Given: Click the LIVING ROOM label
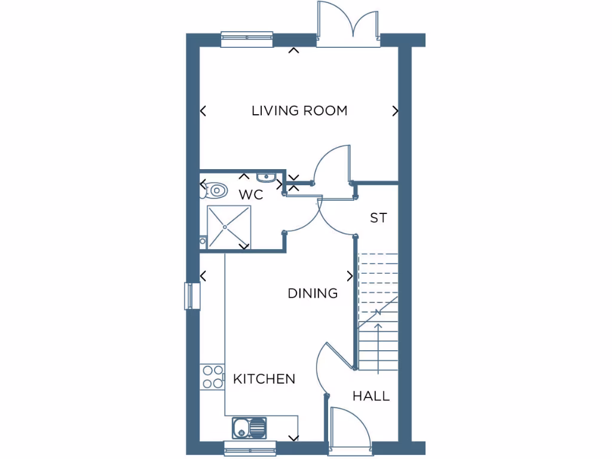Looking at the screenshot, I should click(299, 111).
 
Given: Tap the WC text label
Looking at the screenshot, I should click(251, 195).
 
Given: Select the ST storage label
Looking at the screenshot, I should click(378, 218).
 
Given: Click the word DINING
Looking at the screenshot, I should click(313, 293).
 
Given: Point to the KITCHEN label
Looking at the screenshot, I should click(264, 379).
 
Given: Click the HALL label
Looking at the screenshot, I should click(371, 396).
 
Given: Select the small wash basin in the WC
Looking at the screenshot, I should click(265, 178).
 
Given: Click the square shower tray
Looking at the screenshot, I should click(229, 227).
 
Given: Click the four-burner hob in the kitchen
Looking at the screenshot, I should click(212, 376).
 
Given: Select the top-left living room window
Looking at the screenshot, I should click(247, 39).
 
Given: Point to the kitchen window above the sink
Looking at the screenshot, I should click(250, 448).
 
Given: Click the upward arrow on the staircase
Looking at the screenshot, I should click(378, 329).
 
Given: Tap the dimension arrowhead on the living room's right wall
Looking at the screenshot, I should click(395, 111).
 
